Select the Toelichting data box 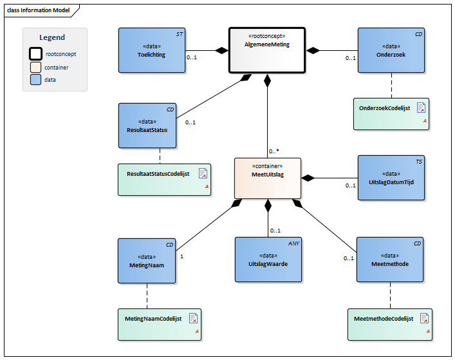[x=151, y=50]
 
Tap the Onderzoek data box [x=391, y=50]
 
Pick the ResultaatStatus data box [x=147, y=126]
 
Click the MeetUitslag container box [x=267, y=178]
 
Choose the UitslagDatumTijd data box [x=391, y=178]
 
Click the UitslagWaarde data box [x=268, y=260]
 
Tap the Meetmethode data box [x=390, y=260]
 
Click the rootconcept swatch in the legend [x=35, y=54]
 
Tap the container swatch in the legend [x=35, y=67]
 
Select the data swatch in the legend [x=35, y=80]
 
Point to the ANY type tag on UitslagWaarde [x=294, y=243]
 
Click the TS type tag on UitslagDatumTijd [x=418, y=162]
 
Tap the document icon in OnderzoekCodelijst [x=422, y=108]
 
